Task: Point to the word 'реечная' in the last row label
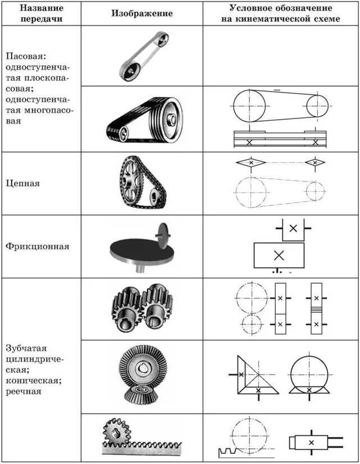coord(24,391)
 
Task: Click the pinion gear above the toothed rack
coord(116,433)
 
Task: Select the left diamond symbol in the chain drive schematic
coord(251,162)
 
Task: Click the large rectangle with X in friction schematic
coord(279,255)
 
